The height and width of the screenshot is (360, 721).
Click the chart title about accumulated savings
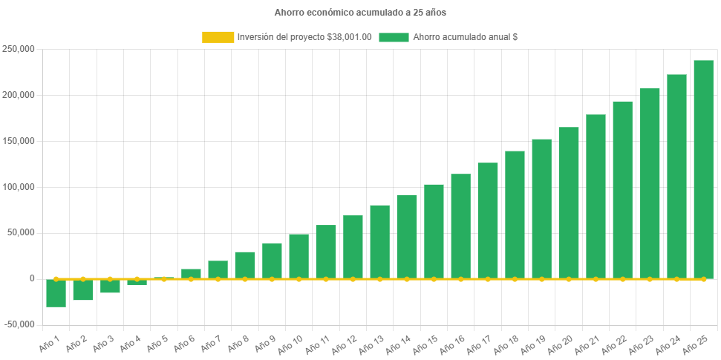click(x=360, y=13)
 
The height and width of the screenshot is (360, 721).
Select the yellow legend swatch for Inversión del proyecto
click(x=218, y=37)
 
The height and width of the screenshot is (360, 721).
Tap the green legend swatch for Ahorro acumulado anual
click(x=394, y=37)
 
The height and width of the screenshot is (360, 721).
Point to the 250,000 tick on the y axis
click(x=19, y=50)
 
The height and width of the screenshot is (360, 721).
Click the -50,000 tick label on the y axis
click(x=19, y=324)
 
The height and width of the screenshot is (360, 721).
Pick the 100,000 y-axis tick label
click(x=19, y=187)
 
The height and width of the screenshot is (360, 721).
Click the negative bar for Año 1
click(x=56, y=293)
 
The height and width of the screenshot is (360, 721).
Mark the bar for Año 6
click(x=191, y=273)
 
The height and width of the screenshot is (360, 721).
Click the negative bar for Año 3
click(x=110, y=287)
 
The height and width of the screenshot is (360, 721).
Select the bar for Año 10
click(x=298, y=256)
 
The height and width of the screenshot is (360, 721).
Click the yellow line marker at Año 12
click(x=353, y=279)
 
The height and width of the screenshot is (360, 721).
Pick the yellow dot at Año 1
click(x=56, y=279)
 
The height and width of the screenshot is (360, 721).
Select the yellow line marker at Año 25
click(x=703, y=279)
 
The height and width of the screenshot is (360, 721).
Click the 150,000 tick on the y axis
click(x=19, y=141)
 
